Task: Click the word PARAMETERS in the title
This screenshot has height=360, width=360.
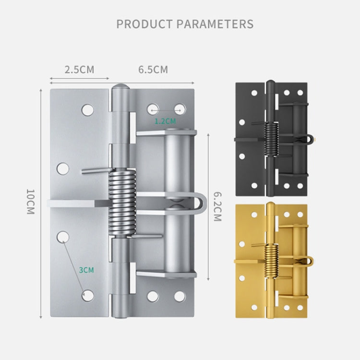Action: point(216,24)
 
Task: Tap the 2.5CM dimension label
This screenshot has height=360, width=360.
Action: point(80,70)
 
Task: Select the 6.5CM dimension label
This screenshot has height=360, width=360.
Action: point(153,70)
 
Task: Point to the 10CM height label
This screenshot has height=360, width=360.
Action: point(30,202)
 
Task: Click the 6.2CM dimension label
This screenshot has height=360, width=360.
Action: point(217,206)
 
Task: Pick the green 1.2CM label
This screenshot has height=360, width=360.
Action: point(165,121)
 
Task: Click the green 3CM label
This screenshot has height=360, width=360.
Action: point(86,270)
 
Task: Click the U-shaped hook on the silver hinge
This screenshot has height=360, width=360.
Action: point(200,204)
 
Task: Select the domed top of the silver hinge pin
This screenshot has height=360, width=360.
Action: point(121,89)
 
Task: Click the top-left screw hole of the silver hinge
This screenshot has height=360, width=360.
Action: point(87,110)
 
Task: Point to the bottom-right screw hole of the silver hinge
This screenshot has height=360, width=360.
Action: point(180,296)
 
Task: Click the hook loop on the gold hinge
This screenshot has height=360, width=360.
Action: point(310,261)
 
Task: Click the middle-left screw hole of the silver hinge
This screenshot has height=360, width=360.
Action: point(63,168)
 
